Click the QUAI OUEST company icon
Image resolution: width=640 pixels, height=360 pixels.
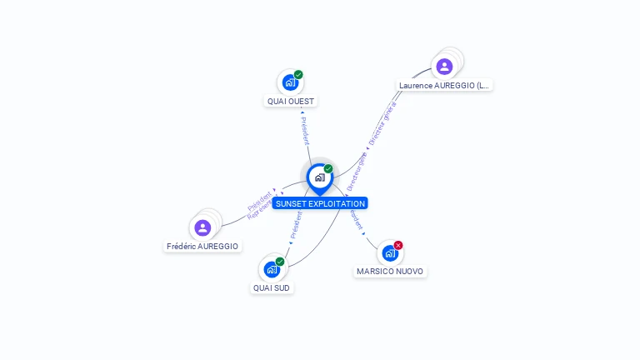290,82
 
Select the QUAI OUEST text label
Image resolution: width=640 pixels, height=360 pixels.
291,102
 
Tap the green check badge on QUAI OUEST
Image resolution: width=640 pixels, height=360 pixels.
298,75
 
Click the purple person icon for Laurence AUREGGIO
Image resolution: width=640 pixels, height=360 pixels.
444,66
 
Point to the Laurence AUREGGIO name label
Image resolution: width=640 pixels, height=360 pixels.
445,85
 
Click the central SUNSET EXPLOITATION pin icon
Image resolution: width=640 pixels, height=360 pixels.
319,177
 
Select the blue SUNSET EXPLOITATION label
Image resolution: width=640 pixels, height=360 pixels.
320,203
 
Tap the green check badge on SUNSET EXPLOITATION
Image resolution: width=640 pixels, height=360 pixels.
328,169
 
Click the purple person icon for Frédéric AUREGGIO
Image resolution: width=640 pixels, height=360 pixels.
202,227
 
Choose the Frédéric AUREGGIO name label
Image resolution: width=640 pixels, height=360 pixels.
202,247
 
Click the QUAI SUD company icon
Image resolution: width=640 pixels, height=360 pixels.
272,269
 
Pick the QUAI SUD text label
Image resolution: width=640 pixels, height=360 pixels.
272,288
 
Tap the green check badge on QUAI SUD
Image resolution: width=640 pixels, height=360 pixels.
280,262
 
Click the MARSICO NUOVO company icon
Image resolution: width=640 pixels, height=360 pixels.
390,252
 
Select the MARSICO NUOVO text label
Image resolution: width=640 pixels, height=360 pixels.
390,272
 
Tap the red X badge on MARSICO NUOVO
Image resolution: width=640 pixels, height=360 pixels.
398,245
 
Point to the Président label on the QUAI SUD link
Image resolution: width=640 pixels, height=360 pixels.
296,224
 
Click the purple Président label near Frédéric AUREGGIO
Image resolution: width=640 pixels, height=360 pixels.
259,201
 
